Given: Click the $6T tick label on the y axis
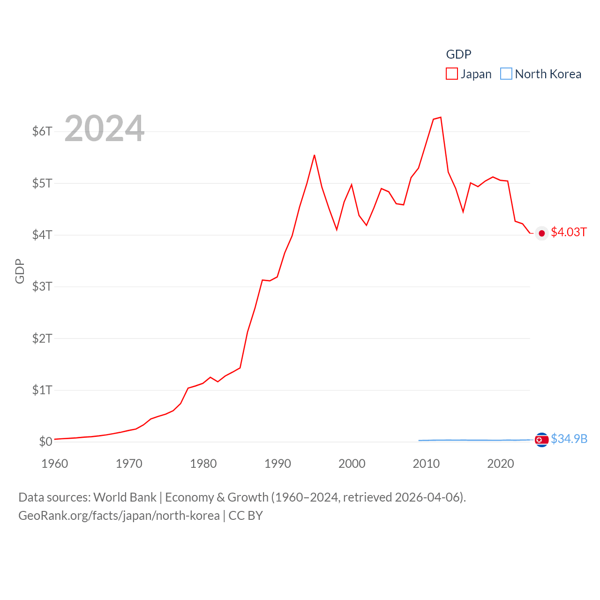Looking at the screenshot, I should coord(42,131).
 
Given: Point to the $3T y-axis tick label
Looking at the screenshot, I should coord(42,286).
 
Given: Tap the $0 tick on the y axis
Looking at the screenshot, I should coord(45,442).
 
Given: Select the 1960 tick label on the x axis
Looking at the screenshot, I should coord(55,464).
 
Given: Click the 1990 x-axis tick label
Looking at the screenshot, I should coord(277,464).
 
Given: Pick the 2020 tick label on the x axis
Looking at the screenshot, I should coord(501,464).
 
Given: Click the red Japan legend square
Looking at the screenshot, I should coord(452,74).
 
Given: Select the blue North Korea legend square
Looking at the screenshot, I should coord(506,74).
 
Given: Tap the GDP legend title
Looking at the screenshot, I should coord(458,54).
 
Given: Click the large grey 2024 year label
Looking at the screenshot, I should coord(105,128).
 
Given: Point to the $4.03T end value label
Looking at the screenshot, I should coord(569,232).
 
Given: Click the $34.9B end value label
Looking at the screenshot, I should coord(569,439).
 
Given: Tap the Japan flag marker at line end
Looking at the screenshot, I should coord(542,233).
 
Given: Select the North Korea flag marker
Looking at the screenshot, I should coord(542,440).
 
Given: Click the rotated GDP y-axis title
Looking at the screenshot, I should coord(20,271).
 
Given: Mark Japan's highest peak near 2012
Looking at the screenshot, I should coord(441,117).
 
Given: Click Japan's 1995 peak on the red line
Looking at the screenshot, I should coord(315,155).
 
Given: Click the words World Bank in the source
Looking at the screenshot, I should coord(125,497).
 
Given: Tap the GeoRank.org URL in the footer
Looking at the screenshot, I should coord(119,516).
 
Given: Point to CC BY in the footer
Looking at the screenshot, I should coord(246,516).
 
